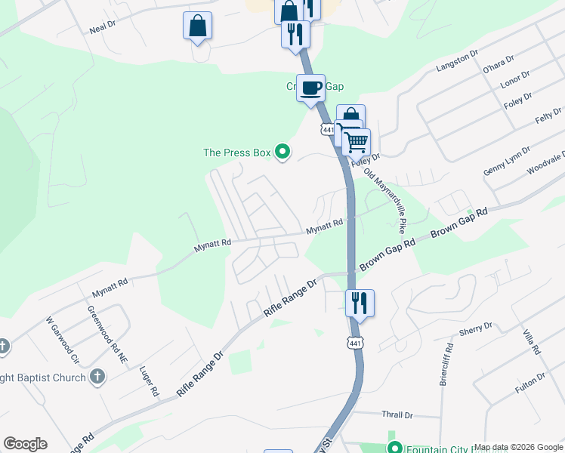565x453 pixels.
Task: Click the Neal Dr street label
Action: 102,26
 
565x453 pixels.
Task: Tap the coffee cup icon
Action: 310,88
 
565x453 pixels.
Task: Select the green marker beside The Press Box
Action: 282,153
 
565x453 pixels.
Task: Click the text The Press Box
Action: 236,153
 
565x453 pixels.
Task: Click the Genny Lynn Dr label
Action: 507,163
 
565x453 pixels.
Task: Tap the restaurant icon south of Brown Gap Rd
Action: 360,303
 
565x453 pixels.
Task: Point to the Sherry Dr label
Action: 476,329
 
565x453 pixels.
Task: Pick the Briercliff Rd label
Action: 446,365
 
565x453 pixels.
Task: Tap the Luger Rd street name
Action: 149,381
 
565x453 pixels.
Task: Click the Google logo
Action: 25,444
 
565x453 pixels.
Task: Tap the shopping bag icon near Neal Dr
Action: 197,26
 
